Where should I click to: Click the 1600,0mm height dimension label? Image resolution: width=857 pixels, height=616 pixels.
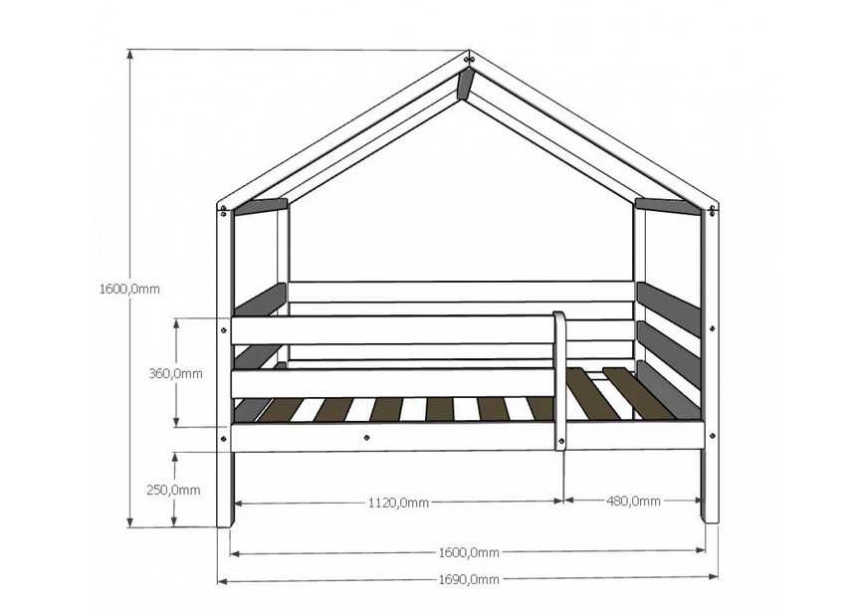click(x=129, y=289)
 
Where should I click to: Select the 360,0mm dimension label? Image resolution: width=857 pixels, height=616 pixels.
click(x=175, y=374)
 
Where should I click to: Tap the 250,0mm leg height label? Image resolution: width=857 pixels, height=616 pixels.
click(x=173, y=490)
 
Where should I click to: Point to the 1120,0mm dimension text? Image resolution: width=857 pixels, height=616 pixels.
click(x=398, y=503)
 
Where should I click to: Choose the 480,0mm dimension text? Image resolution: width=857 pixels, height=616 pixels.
click(x=633, y=501)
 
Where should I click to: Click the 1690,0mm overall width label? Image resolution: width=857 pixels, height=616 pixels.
click(x=469, y=579)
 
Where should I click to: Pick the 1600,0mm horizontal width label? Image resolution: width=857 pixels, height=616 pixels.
click(x=469, y=552)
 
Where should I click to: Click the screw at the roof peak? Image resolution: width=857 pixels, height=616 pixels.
click(x=468, y=58)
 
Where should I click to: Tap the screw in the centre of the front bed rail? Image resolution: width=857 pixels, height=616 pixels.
click(x=366, y=436)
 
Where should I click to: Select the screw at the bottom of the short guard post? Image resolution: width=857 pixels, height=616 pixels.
click(x=560, y=441)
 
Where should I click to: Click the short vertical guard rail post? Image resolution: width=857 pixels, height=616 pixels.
click(x=559, y=381)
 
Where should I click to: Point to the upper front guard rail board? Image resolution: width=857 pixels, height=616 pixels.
click(x=392, y=330)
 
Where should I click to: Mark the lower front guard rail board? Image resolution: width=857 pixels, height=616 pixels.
click(x=392, y=383)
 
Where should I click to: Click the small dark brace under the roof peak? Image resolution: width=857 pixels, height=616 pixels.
click(x=464, y=84)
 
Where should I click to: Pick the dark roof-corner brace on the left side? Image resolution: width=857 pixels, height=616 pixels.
click(x=260, y=206)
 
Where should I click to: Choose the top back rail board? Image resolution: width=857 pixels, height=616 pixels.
click(x=462, y=292)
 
